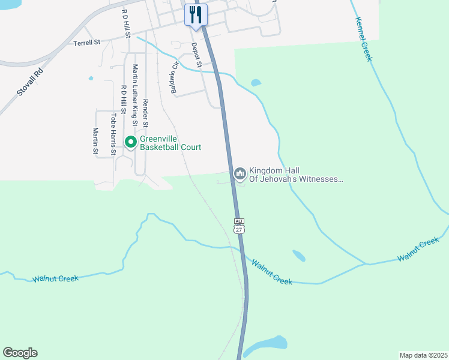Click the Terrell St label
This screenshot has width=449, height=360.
click(x=87, y=43)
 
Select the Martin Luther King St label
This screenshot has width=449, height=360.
click(x=136, y=95)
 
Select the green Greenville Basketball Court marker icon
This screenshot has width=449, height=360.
click(x=130, y=142)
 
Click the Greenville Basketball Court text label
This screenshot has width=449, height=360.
click(x=170, y=143)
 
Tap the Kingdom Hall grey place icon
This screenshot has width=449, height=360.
click(x=240, y=174)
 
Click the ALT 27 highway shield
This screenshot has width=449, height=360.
click(x=239, y=226)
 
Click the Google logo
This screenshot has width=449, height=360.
click(x=20, y=353)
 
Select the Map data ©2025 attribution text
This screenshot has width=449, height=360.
click(x=423, y=355)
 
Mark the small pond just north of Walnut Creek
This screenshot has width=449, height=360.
click(x=298, y=256)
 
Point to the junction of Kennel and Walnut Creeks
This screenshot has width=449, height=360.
click(x=367, y=263)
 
